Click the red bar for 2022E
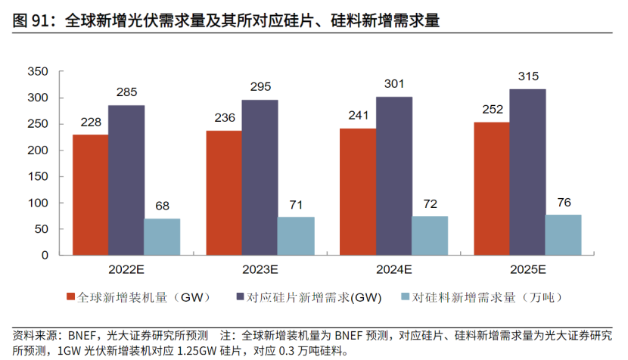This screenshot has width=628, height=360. point(90,194)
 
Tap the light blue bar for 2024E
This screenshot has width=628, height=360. point(430,235)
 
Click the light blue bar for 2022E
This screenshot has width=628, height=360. point(162,236)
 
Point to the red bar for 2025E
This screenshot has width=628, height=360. point(491,188)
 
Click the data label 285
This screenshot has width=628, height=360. point(126,93)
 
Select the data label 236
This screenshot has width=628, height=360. point(225,118)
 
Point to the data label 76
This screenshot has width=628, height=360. point(564,202)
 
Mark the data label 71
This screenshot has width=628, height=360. point(296,204)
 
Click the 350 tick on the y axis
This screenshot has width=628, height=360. point(37,72)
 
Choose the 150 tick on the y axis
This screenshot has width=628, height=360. point(37,177)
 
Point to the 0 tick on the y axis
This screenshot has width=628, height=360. point(45,256)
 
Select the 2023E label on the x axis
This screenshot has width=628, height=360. point(260,269)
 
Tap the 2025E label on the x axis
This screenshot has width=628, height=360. point(527,269)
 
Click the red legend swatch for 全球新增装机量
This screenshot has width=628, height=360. point(70,296)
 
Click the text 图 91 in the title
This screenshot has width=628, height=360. point(29,22)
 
